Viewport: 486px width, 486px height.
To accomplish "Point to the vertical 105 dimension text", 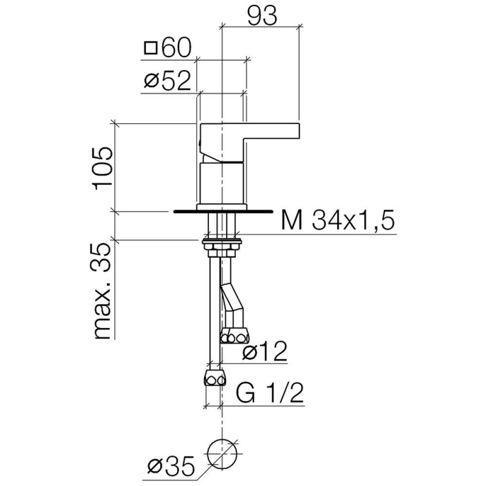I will coord(103,168).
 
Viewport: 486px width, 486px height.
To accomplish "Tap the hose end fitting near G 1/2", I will coord(214,377).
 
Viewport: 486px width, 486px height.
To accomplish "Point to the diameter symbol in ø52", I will coord(151,81).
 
